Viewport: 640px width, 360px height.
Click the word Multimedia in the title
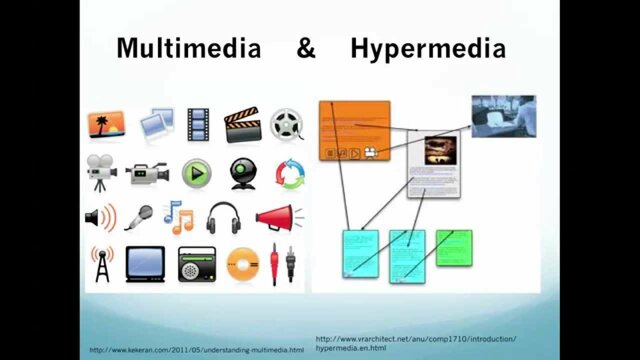(189, 47)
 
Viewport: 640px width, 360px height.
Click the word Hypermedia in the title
(428, 47)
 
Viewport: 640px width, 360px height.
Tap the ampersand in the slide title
(306, 47)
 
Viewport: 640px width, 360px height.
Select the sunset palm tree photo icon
(106, 125)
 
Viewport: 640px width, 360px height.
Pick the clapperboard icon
(242, 124)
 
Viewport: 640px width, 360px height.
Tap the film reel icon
(285, 124)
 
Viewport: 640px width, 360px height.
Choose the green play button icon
(196, 173)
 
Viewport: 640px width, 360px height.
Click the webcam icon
(242, 173)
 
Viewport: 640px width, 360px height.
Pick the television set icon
(145, 264)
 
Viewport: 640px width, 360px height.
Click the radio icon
(196, 264)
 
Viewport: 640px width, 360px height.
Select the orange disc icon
(242, 265)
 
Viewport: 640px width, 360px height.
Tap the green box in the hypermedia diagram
(454, 247)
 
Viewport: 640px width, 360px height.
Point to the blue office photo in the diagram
(503, 116)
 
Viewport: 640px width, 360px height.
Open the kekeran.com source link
(196, 350)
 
